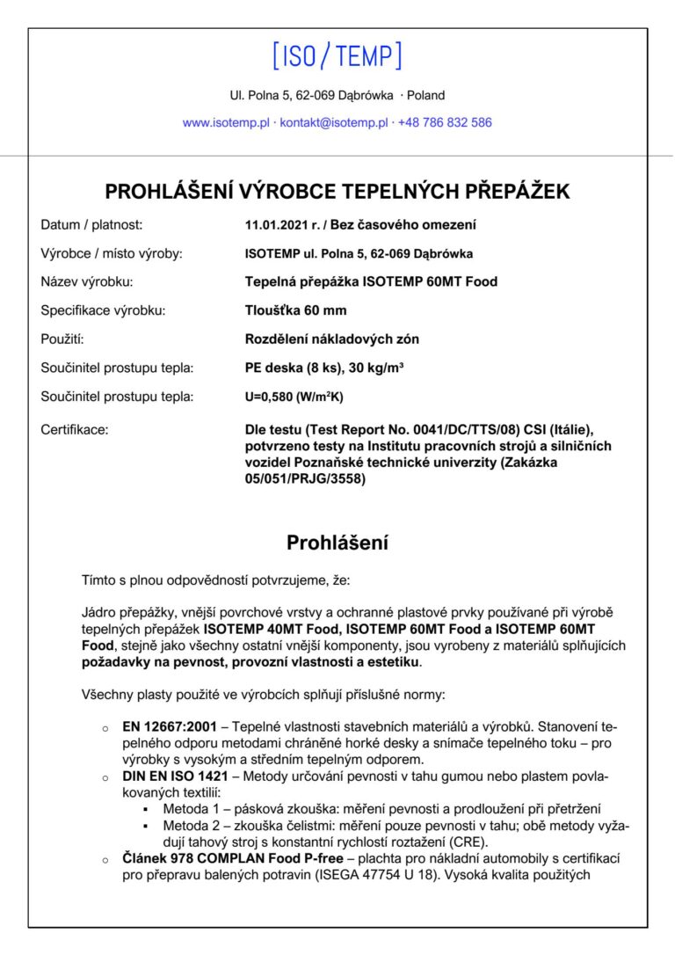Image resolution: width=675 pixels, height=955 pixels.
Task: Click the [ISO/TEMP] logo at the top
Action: click(337, 56)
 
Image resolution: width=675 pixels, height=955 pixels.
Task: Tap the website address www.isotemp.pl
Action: click(226, 123)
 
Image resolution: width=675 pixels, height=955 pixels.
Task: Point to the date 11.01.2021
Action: click(276, 225)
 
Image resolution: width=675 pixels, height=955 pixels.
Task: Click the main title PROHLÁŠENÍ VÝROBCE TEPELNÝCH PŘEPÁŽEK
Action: click(337, 191)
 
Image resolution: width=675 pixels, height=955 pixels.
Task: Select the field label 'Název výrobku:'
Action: click(87, 282)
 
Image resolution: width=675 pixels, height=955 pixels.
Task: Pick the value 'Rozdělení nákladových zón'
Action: click(331, 339)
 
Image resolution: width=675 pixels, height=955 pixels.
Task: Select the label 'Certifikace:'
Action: click(75, 430)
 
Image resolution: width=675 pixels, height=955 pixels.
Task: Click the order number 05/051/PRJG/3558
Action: click(305, 479)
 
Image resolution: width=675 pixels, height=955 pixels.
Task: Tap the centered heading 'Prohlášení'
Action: click(337, 543)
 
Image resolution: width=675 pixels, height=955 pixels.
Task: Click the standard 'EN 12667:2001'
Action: click(168, 728)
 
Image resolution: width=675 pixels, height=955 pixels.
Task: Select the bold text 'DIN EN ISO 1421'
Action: click(175, 777)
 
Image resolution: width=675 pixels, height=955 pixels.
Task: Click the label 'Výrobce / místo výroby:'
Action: click(112, 254)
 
